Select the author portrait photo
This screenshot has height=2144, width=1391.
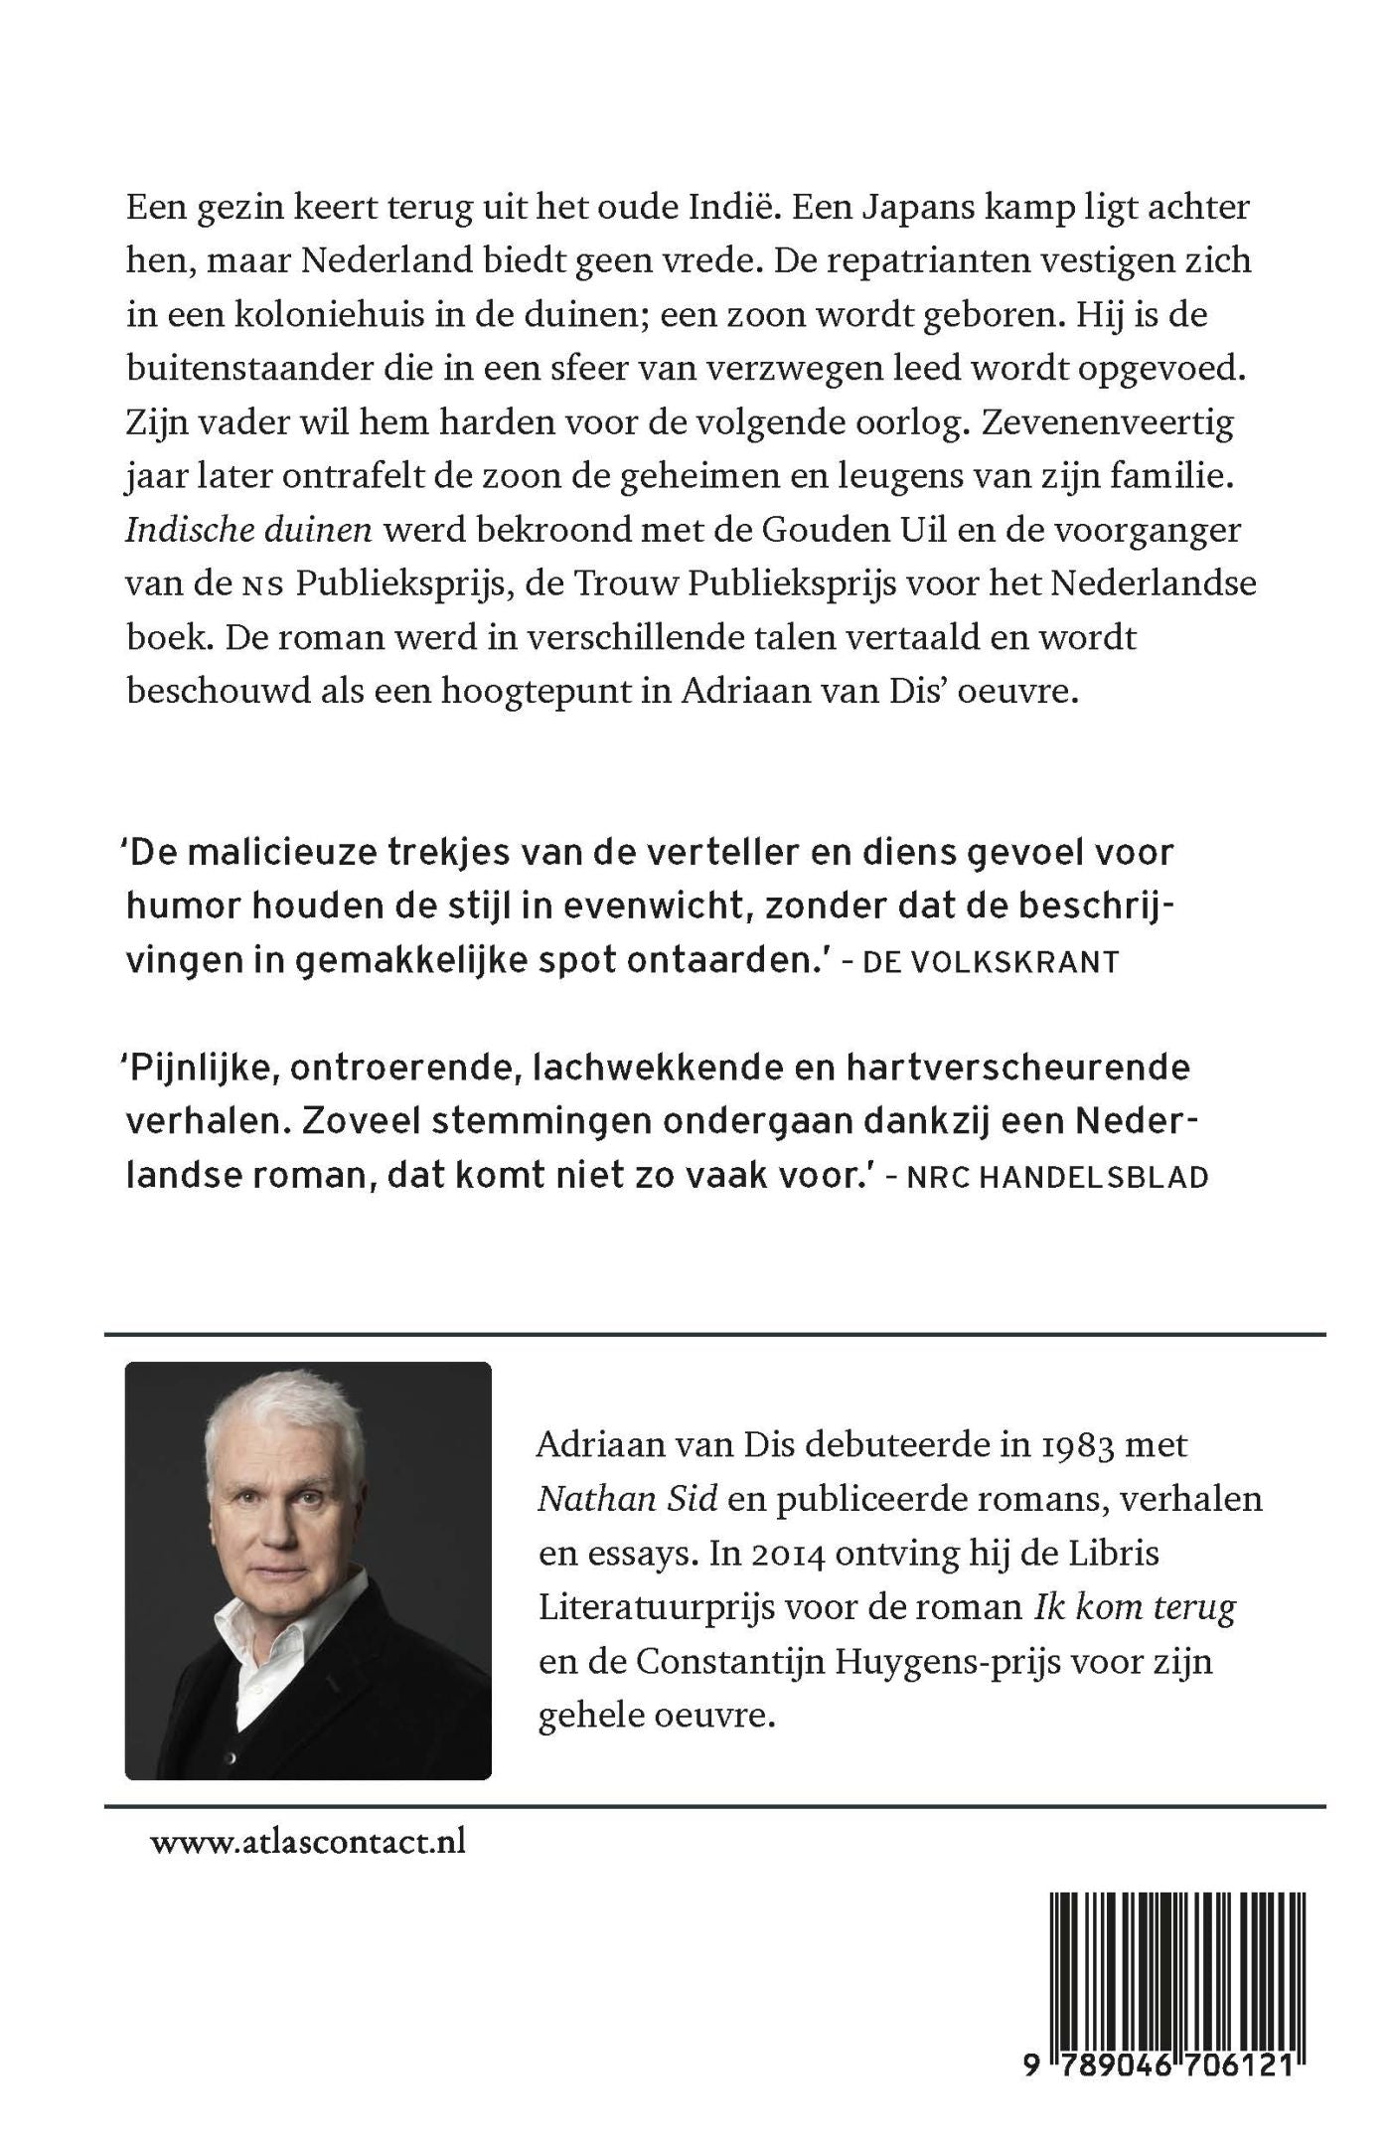coord(308,1569)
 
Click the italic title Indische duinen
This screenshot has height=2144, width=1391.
coord(248,529)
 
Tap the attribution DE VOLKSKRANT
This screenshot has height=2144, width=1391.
coord(991,961)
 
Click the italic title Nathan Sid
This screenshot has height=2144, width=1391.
coord(627,1498)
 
